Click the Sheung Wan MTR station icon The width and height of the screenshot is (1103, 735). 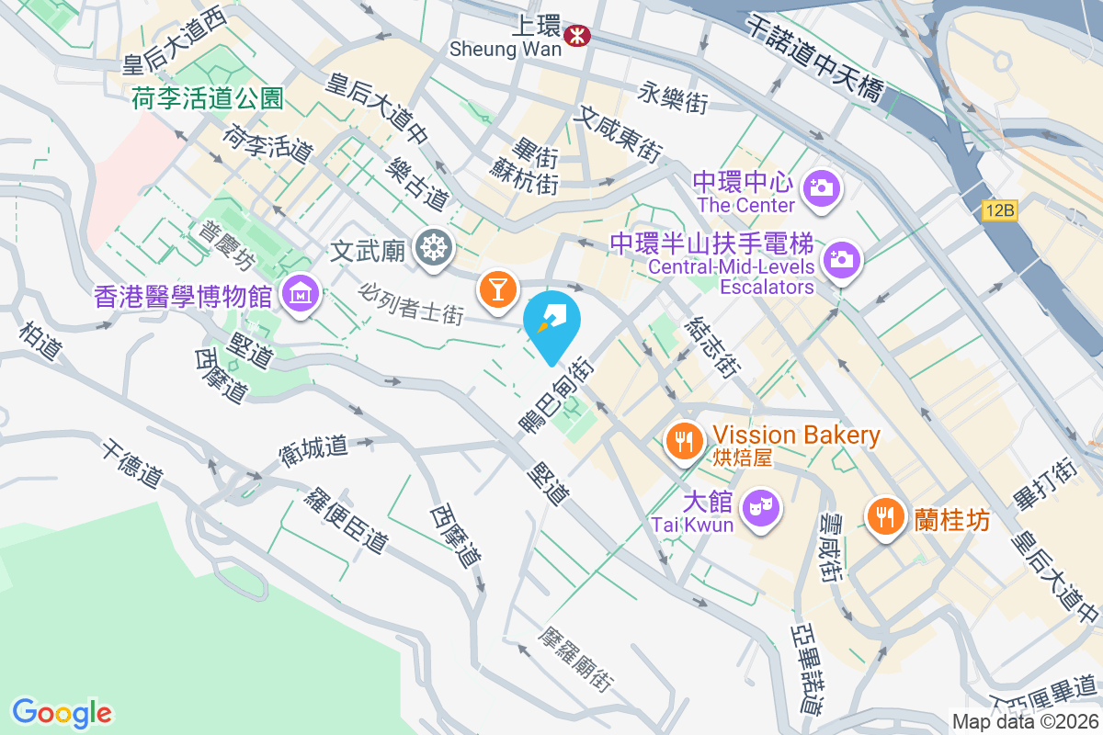[579, 36]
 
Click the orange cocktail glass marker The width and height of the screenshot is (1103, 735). [496, 288]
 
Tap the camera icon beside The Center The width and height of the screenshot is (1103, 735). [821, 189]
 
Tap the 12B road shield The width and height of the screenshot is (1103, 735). [998, 210]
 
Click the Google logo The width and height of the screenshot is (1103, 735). [62, 712]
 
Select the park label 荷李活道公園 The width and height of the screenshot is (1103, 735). [208, 98]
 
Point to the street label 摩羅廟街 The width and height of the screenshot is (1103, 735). [577, 661]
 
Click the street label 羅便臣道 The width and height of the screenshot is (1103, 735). [346, 519]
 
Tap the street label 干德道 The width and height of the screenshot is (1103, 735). [133, 464]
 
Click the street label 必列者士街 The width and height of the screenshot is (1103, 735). [411, 302]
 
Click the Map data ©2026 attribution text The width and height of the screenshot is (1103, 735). [1025, 721]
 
